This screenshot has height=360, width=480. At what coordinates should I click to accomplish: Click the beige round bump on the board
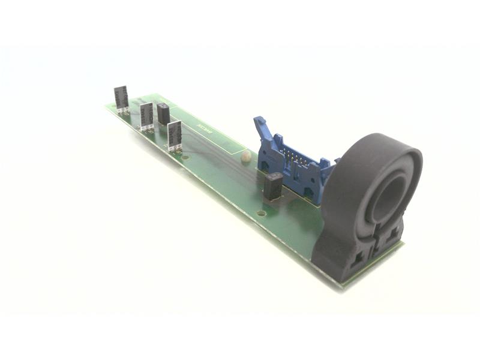pos(245,157)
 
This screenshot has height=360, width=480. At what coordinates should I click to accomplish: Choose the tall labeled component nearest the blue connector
pos(175,135)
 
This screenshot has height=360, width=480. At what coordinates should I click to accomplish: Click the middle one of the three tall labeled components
pos(146,115)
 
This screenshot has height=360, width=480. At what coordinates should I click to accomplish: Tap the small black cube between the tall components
pos(163,113)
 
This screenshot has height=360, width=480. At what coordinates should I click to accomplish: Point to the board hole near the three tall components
pos(185,158)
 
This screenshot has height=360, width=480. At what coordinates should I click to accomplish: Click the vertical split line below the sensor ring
pos(374,237)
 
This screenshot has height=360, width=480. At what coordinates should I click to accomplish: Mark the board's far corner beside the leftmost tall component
pos(106,106)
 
